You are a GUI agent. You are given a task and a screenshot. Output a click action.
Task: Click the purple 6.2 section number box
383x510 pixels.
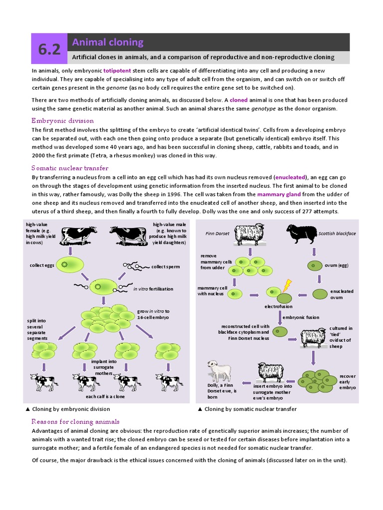[49, 49]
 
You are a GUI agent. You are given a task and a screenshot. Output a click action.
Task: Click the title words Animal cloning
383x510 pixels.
[108, 42]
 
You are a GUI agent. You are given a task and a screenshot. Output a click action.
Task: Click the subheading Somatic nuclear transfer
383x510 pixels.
[70, 168]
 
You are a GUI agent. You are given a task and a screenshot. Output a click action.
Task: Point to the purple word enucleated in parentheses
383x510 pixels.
[290, 177]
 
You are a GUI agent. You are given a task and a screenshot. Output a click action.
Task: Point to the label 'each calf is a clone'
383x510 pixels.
[105, 396]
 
